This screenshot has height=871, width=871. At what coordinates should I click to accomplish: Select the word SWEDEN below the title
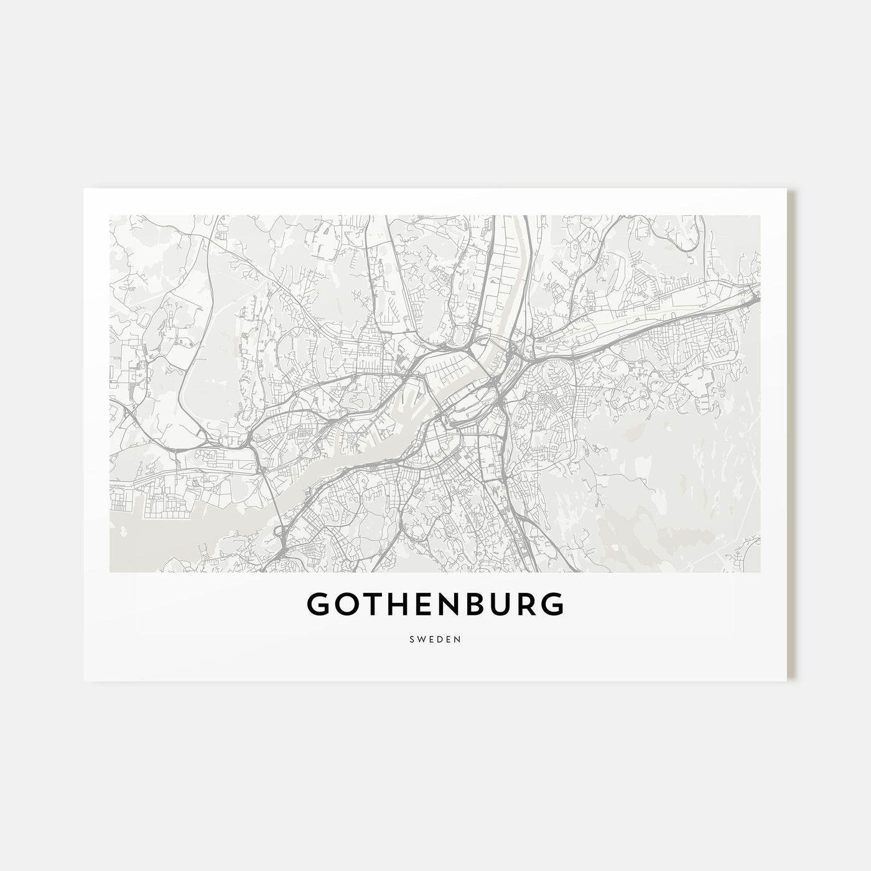click(435, 639)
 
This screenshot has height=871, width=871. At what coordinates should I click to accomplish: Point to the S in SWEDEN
click(413, 639)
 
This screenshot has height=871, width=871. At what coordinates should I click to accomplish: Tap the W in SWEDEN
click(421, 639)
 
